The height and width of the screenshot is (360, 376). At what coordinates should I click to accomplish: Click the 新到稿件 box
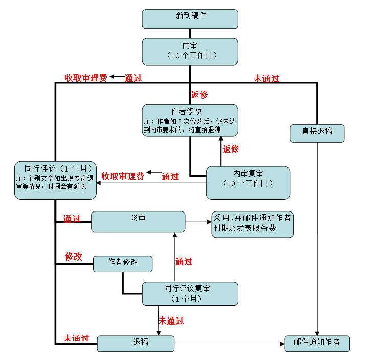[x=190, y=19]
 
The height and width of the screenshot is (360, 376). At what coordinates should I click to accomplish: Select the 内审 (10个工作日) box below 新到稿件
[x=190, y=52]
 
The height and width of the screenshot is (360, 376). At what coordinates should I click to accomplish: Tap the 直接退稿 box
[x=317, y=134]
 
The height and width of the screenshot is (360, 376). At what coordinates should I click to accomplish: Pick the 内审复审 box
[x=248, y=183]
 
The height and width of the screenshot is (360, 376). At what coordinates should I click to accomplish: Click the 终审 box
[x=138, y=222]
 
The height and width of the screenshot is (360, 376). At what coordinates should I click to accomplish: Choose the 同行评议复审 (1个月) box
[x=190, y=293]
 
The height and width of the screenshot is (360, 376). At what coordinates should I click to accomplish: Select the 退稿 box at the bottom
[x=136, y=344]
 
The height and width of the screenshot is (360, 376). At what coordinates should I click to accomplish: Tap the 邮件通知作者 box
[x=317, y=344]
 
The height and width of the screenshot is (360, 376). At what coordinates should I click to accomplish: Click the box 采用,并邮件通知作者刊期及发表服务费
[x=253, y=224]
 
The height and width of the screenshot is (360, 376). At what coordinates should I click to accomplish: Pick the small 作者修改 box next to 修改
[x=123, y=264]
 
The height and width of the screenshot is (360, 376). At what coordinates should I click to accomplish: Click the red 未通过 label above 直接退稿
[x=267, y=78]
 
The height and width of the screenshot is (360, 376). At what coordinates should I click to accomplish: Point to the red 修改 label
[x=74, y=257]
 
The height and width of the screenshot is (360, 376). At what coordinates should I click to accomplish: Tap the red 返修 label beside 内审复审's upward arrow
[x=231, y=149]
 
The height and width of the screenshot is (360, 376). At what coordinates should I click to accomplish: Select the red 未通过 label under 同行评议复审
[x=171, y=321]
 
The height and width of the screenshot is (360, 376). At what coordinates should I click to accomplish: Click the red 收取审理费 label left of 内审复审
[x=123, y=176]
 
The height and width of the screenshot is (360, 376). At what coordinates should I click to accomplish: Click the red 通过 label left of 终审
[x=72, y=219]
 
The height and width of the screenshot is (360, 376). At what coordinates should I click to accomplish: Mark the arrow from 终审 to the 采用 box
[x=198, y=222]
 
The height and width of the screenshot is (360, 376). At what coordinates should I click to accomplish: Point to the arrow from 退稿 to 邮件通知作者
[x=230, y=344]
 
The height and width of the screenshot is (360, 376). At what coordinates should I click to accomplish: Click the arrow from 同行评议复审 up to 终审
[x=175, y=257]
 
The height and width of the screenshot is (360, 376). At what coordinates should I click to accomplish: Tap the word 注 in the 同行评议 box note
[x=19, y=179]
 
